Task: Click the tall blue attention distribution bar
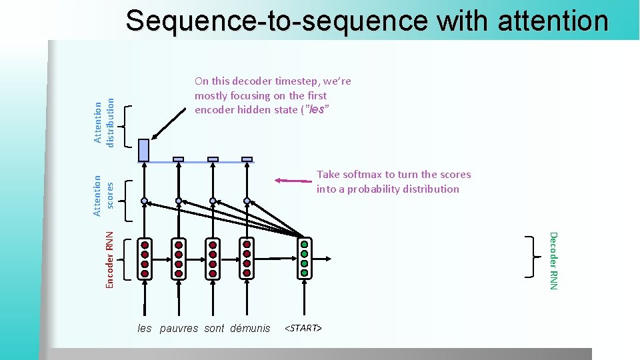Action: [144, 150]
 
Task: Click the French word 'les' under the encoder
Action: [145, 328]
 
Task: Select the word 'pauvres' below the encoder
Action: [179, 328]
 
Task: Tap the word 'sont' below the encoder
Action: [214, 328]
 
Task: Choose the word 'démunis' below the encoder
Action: [250, 328]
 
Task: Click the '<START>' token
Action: [303, 328]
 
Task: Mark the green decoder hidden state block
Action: [304, 258]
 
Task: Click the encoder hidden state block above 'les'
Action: [145, 258]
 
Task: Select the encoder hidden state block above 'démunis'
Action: [247, 258]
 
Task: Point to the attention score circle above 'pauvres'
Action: [179, 201]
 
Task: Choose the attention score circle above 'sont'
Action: [213, 201]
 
